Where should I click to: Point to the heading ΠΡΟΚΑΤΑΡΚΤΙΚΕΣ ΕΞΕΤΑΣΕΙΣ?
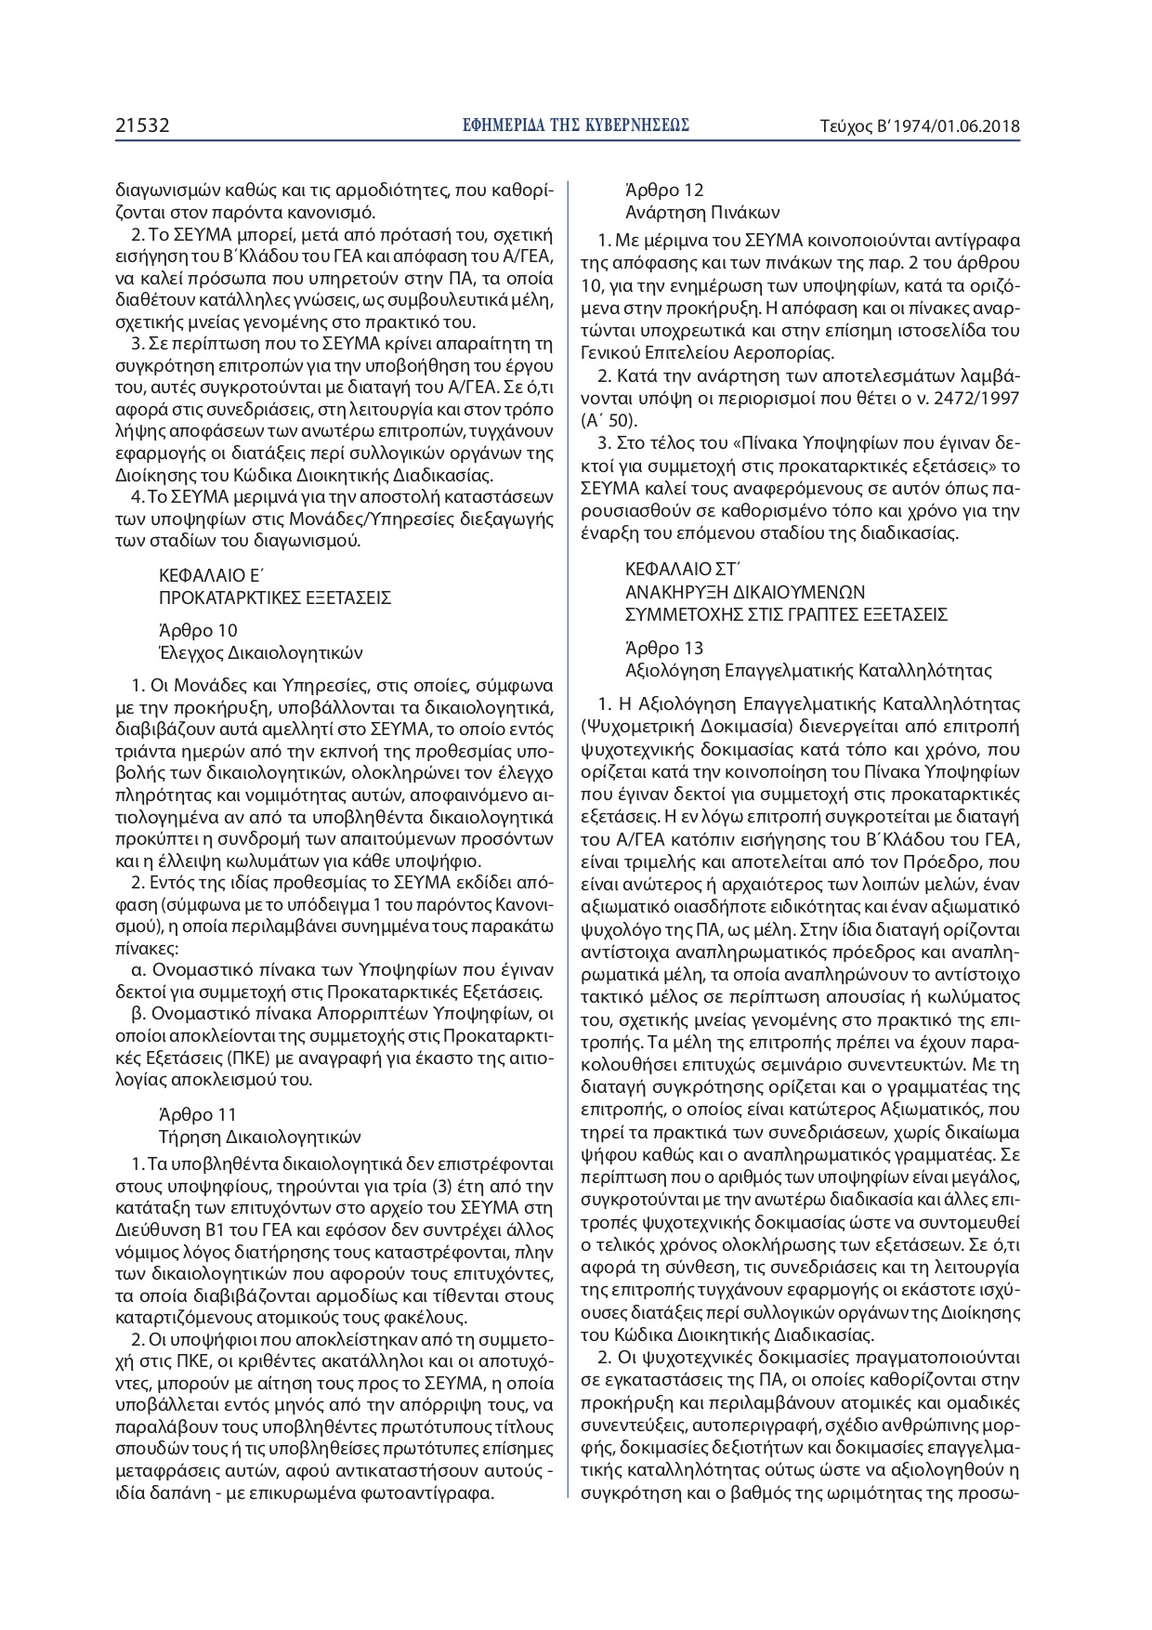coord(275,598)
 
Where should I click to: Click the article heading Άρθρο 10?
coord(198,630)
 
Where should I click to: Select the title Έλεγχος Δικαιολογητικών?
coord(261,652)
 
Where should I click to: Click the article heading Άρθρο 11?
coord(198,1114)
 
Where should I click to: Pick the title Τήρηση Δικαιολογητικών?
coord(260,1137)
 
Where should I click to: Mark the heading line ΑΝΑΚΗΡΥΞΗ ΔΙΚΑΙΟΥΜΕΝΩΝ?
coord(745,591)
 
